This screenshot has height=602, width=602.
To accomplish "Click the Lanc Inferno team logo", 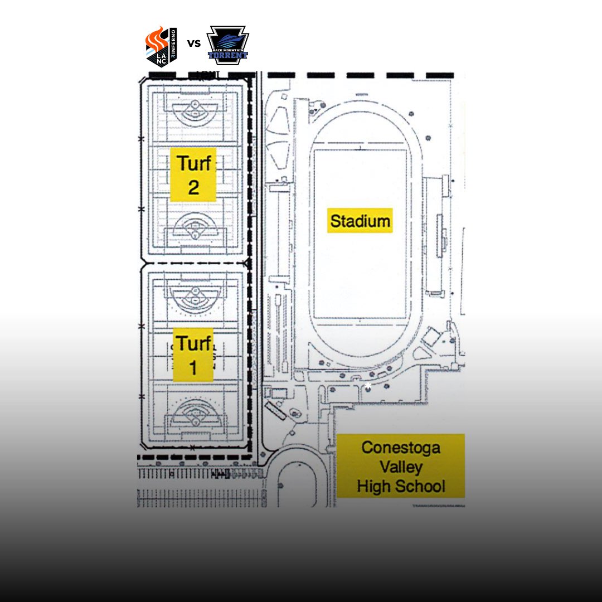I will coord(161,46).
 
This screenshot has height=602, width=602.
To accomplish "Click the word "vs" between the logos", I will coord(193,43).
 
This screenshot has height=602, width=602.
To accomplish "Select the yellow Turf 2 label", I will coord(193,174).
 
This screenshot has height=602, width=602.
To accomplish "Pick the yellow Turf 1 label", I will coord(193,355).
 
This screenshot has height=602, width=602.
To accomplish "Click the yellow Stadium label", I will coord(360,221).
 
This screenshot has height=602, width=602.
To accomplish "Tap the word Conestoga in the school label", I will coord(400,447).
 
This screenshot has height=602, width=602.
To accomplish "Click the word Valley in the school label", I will coord(400,467).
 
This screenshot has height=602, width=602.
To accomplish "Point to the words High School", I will coord(400,486).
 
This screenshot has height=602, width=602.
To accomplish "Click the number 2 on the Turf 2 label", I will coord(193,187).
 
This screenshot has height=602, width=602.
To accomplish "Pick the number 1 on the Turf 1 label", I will coord(193,368).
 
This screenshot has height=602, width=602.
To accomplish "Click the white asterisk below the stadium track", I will coord(367,386).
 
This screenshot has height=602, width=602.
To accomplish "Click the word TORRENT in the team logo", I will coord(227,55).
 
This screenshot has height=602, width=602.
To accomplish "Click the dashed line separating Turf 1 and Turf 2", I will coord(195,262).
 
